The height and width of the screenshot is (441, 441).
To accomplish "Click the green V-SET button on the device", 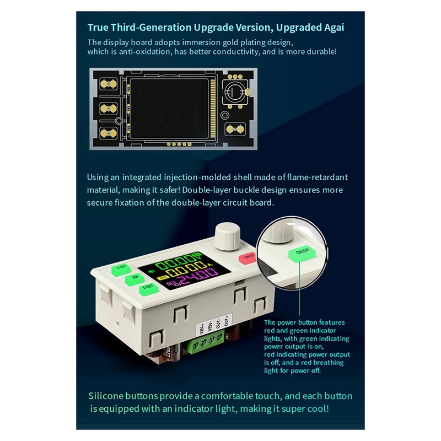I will click(x=120, y=269).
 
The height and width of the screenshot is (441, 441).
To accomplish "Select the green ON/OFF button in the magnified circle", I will click(x=302, y=252).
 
